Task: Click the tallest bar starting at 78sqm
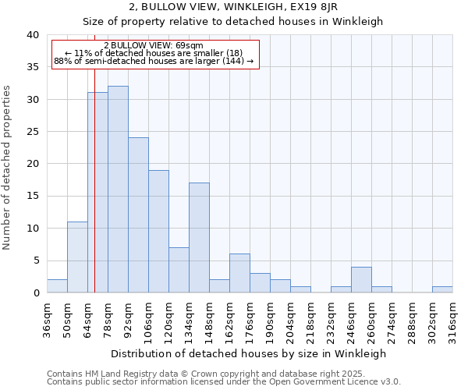tap(118, 190)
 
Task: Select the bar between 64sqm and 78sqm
tap(97, 193)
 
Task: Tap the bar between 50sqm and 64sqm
tap(77, 257)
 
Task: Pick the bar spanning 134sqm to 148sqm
tap(199, 238)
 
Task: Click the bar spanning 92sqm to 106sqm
tap(138, 215)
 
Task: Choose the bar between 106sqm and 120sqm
tap(158, 232)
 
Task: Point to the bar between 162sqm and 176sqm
tap(239, 273)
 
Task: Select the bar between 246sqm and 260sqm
tap(361, 280)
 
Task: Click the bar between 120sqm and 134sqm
tap(179, 270)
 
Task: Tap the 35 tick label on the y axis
tap(32, 67)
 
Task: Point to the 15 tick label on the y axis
tap(32, 196)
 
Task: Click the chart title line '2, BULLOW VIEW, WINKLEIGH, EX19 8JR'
tap(232, 7)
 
